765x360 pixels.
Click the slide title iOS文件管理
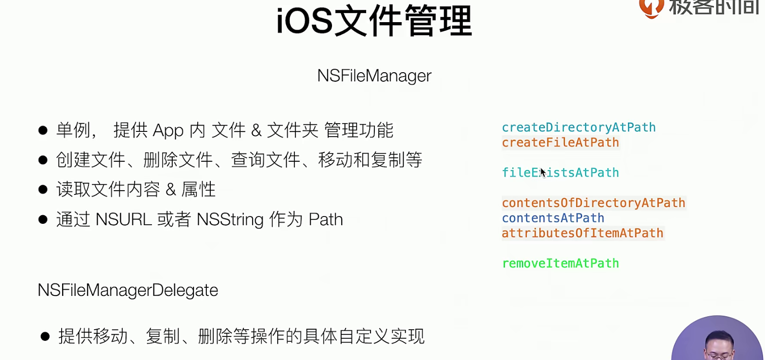[x=374, y=21]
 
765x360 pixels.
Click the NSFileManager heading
[x=374, y=76]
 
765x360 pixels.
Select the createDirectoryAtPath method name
[x=578, y=128]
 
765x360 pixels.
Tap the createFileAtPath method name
[x=561, y=142]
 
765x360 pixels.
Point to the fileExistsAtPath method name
[x=561, y=172]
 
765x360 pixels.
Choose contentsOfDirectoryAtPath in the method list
[x=594, y=203]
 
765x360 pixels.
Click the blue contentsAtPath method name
[x=553, y=218]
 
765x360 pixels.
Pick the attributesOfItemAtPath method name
[x=582, y=233]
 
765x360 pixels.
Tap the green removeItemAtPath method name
[x=561, y=263]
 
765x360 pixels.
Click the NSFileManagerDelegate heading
[x=127, y=290]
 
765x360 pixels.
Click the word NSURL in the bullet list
[x=124, y=219]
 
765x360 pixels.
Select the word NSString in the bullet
[x=230, y=219]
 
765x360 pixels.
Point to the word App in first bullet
[x=168, y=131]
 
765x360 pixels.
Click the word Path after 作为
[x=326, y=219]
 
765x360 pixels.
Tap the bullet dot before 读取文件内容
[x=43, y=190]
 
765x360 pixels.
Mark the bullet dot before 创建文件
[x=43, y=160]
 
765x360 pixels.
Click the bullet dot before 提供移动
[x=45, y=336]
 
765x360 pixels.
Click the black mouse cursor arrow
[x=543, y=172]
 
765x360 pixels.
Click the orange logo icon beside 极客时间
[x=651, y=8]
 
